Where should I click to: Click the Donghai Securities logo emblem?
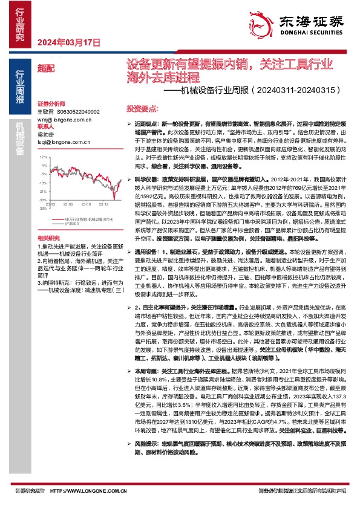(x=261, y=21)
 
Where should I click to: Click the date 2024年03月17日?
(x=68, y=43)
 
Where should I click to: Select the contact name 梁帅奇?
(x=46, y=135)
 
